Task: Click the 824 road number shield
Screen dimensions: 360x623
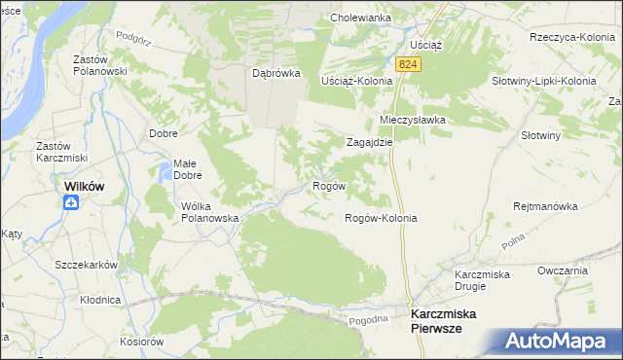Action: click(409, 63)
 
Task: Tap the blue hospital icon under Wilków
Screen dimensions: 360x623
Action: click(71, 202)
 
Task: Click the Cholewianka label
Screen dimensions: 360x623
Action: click(360, 18)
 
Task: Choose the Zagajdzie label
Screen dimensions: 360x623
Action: click(370, 141)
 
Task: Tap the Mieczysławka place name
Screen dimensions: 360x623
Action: click(412, 120)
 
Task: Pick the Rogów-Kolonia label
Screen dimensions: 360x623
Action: click(381, 218)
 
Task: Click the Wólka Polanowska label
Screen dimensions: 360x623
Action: click(210, 212)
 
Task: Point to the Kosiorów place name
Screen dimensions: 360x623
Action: click(141, 342)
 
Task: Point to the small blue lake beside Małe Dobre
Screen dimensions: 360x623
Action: click(162, 176)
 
